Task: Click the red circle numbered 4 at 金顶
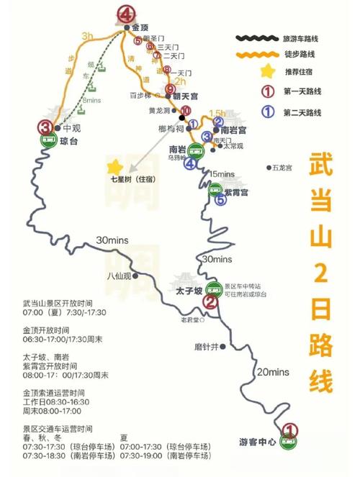pyautogui.click(x=127, y=14)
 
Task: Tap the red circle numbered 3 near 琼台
pyautogui.click(x=47, y=127)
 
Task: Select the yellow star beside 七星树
pyautogui.click(x=112, y=166)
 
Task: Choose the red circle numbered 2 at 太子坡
pyautogui.click(x=210, y=302)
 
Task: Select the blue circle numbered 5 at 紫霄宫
pyautogui.click(x=220, y=201)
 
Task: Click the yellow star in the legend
pyautogui.click(x=268, y=72)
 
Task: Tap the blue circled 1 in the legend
pyautogui.click(x=268, y=112)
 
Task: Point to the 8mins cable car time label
pyautogui.click(x=92, y=101)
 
